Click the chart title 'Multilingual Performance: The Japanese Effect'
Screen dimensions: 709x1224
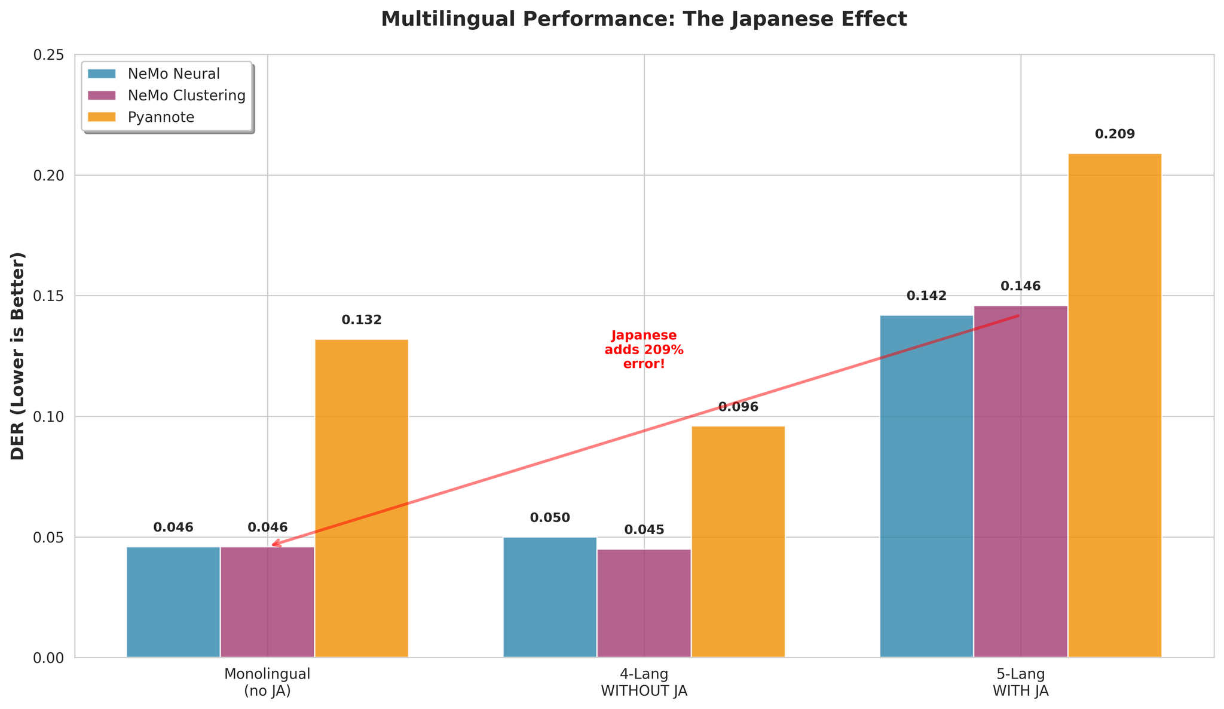[644, 19]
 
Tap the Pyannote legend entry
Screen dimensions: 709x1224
[161, 117]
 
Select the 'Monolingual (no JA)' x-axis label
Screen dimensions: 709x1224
[267, 682]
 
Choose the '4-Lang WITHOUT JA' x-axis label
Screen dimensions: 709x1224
[644, 682]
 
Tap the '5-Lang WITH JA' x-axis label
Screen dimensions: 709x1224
[1020, 682]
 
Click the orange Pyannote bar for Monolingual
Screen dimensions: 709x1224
[362, 499]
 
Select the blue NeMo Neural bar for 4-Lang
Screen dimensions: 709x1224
[550, 597]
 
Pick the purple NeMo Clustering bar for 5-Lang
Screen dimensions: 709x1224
[1020, 481]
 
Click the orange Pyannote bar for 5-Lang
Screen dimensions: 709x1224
[1115, 406]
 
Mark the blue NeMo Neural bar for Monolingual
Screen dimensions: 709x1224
[173, 602]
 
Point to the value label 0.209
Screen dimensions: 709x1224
[1115, 134]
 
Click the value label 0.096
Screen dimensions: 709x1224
[738, 407]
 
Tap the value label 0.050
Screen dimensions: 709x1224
[550, 518]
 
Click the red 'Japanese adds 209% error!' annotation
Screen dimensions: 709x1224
[644, 349]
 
